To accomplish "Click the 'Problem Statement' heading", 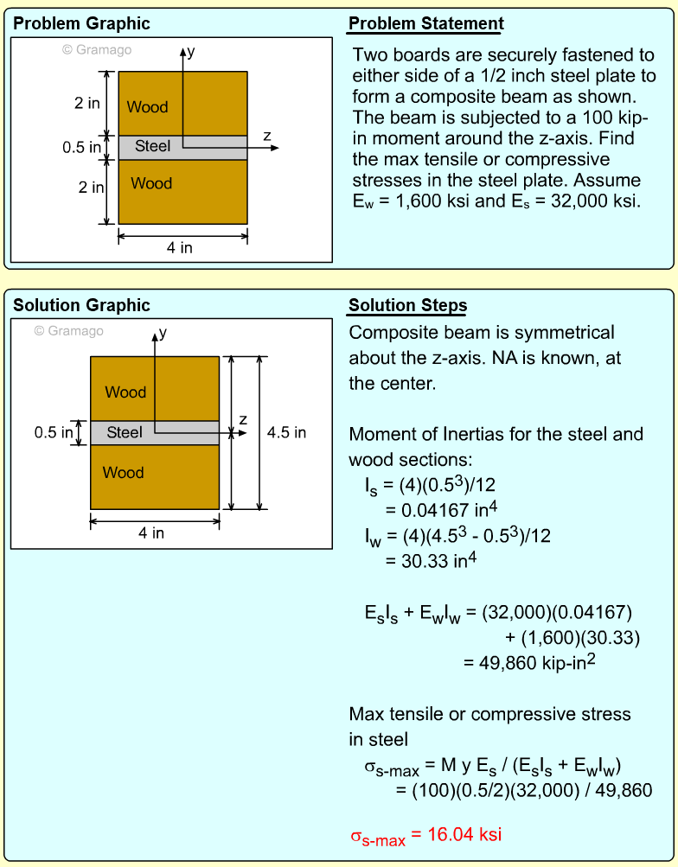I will tap(425, 24).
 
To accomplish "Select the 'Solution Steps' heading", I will tap(407, 306).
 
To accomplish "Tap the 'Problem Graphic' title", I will tap(81, 24).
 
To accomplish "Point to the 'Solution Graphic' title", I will tap(81, 306).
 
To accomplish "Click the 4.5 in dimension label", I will tap(286, 432).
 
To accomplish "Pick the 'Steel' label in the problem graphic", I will tap(153, 147).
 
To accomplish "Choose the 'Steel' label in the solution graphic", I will tap(125, 432).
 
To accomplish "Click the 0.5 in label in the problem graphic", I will tap(81, 148).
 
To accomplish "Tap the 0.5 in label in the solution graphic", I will tap(53, 432).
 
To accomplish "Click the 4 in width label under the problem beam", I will tap(180, 248).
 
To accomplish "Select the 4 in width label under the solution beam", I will tap(151, 533).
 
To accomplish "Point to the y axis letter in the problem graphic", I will tap(191, 52).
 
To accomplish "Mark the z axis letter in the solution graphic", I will tap(243, 420).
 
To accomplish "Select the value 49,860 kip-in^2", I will tap(530, 664).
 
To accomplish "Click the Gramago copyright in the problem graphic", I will tap(97, 50).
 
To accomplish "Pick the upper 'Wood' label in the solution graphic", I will tap(125, 392).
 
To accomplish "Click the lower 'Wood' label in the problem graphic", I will tap(151, 183).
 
